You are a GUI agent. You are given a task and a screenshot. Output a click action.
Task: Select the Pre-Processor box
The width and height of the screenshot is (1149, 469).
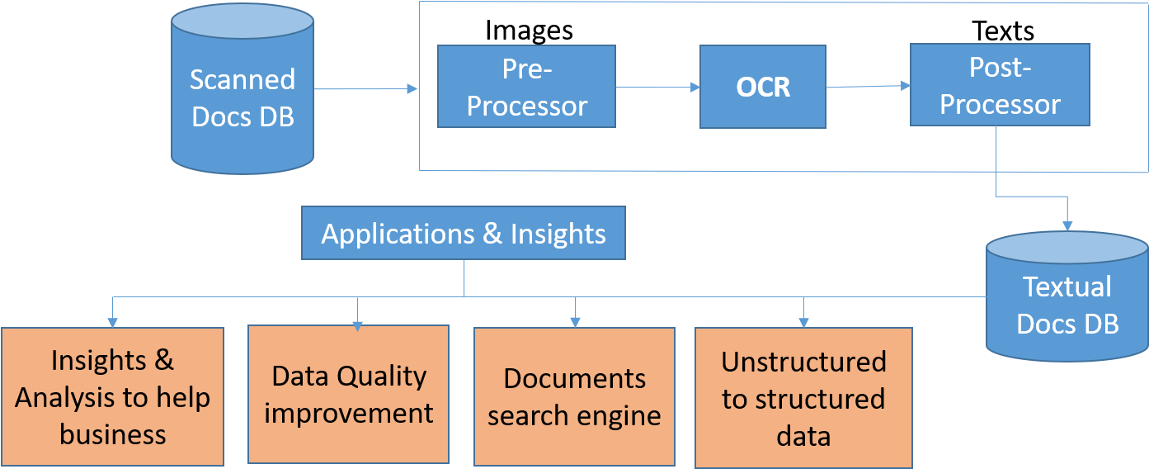[526, 87]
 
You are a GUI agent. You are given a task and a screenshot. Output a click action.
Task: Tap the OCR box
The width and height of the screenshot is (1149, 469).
[763, 87]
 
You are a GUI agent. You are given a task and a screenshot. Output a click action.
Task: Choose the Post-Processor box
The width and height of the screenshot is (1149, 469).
[1000, 85]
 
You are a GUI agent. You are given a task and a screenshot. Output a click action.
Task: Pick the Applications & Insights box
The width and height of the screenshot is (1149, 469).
[464, 234]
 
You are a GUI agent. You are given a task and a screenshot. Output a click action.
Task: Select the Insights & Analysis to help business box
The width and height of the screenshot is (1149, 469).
[112, 397]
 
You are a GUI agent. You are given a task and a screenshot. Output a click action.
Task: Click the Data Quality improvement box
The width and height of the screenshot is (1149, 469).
[348, 395]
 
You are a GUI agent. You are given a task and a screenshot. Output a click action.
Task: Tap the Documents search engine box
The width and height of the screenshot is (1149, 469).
[574, 396]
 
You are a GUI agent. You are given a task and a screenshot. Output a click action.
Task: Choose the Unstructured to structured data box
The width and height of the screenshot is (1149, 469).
[803, 398]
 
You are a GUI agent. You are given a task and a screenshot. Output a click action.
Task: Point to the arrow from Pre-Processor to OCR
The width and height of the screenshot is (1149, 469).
[657, 87]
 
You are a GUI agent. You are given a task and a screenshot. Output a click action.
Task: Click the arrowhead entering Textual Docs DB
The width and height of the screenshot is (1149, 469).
[1067, 224]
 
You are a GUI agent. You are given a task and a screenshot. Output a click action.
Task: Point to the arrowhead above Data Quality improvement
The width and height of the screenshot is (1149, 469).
[357, 325]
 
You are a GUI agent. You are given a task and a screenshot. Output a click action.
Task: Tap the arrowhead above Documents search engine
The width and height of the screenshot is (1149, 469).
[575, 321]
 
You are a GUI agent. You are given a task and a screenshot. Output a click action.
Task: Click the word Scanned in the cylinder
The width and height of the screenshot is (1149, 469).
[243, 79]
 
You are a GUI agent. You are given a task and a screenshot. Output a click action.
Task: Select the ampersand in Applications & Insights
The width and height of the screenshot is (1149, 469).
[492, 234]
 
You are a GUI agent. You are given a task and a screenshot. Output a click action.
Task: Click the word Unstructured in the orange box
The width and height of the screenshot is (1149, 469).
[803, 362]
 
